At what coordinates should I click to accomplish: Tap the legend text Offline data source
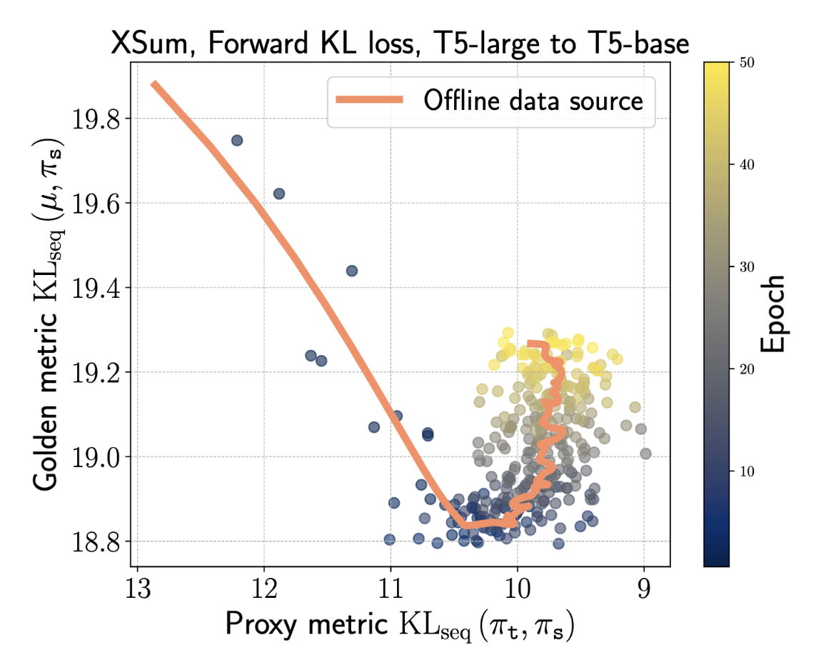pyautogui.click(x=533, y=101)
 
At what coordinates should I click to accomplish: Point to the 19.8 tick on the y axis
pyautogui.click(x=97, y=119)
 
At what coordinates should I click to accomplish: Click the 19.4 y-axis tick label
pyautogui.click(x=97, y=288)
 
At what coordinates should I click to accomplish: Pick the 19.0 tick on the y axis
pyautogui.click(x=97, y=457)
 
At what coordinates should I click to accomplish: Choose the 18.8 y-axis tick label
pyautogui.click(x=97, y=541)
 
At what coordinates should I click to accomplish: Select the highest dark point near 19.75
pyautogui.click(x=237, y=141)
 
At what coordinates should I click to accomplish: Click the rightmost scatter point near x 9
pyautogui.click(x=645, y=454)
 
